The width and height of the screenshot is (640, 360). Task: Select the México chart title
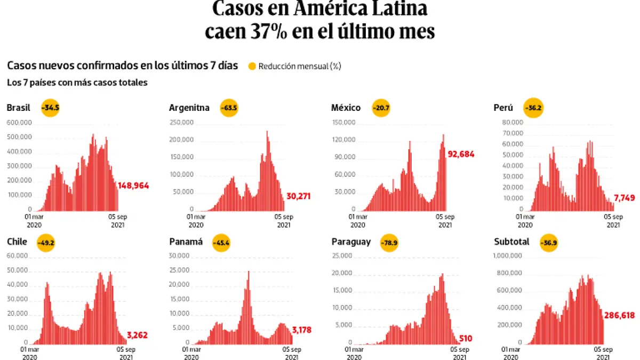point(346,108)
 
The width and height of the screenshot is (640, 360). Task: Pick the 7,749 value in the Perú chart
point(624,198)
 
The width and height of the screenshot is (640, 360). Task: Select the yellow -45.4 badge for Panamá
point(222,242)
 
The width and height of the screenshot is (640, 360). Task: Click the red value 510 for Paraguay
point(465,338)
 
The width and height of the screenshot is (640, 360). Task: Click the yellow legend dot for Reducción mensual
point(252,67)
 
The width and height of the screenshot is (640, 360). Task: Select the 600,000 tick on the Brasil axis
point(19,123)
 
